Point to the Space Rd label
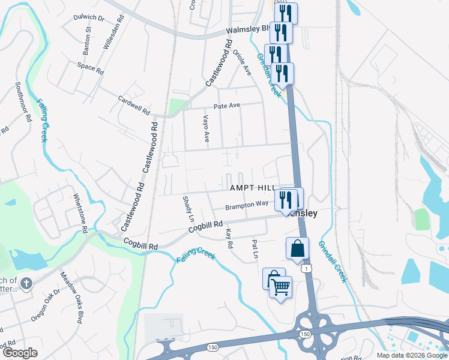[91, 67]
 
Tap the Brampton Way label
[246, 205]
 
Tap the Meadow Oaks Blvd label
[70, 298]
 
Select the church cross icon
[26, 283]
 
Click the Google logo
[20, 353]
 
